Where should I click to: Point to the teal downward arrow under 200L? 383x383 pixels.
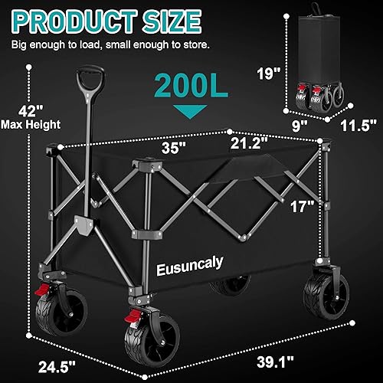[x=181, y=113]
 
